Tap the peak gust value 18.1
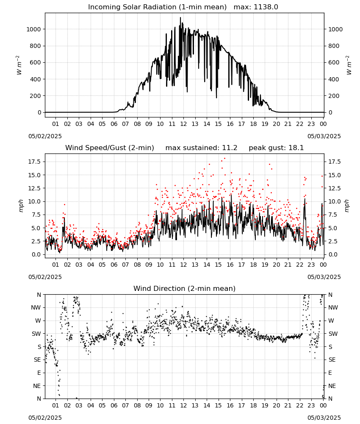[296, 148]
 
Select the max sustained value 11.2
[230, 148]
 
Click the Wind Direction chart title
[185, 288]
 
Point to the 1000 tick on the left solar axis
[33, 29]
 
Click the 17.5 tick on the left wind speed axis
[35, 162]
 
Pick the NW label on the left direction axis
[36, 307]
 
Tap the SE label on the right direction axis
[332, 360]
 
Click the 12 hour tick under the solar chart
[183, 124]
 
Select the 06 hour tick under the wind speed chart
[114, 265]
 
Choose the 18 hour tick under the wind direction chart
[253, 405]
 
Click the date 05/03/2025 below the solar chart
[324, 136]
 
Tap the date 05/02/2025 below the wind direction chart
[45, 418]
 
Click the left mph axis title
[21, 206]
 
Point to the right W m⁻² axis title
[349, 65]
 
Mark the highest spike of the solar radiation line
[180, 18]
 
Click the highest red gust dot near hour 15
[224, 159]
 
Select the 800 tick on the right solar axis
[334, 46]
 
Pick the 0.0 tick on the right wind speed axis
[333, 254]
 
